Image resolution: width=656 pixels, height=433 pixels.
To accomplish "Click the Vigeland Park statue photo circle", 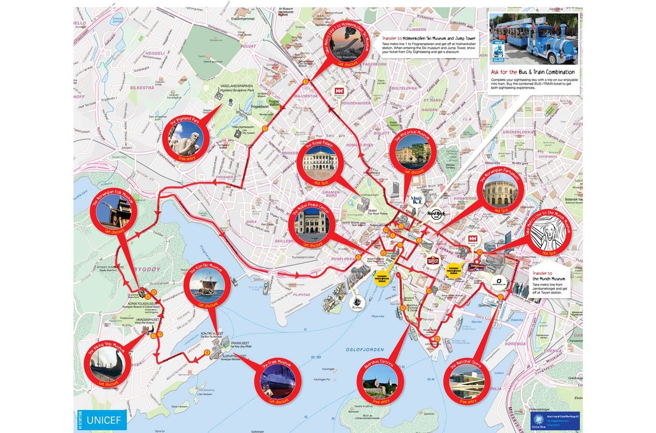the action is click(x=183, y=140).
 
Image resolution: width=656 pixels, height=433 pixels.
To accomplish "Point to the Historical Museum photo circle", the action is click(x=413, y=152).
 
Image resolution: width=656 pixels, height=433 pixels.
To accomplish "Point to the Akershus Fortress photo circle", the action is click(x=380, y=383).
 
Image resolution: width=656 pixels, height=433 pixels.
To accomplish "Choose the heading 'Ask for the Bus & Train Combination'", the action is click(x=532, y=72).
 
